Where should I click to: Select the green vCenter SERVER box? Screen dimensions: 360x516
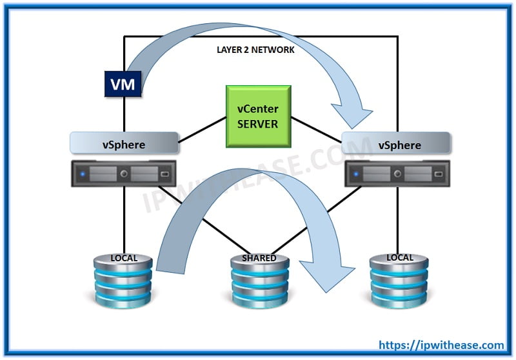(257, 115)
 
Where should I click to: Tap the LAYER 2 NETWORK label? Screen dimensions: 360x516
(255, 50)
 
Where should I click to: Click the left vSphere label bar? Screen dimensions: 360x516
(124, 143)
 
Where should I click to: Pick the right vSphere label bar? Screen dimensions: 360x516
(395, 144)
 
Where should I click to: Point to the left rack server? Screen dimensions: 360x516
(124, 174)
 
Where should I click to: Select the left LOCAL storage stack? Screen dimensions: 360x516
(123, 281)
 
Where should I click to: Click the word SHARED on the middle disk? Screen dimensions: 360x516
(259, 258)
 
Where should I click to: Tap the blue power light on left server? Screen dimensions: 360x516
(83, 174)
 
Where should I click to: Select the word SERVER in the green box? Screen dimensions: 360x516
(257, 123)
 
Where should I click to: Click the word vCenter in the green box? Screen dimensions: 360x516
(257, 109)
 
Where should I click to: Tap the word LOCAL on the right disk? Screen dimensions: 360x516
(399, 257)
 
